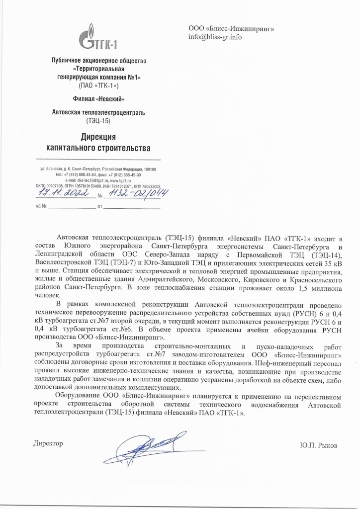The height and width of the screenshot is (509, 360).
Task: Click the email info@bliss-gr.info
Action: tap(215, 37)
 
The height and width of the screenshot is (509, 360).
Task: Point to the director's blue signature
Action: tap(144, 444)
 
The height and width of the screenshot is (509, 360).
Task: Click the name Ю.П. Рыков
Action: tap(319, 445)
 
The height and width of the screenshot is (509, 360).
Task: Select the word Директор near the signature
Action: tap(48, 443)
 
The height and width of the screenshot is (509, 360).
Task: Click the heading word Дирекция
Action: tap(98, 137)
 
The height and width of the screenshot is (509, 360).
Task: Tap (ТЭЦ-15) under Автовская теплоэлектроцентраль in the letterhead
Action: tap(98, 120)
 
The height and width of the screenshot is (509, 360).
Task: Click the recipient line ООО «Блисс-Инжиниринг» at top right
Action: tap(231, 29)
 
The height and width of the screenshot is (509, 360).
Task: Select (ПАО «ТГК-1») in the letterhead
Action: tap(98, 85)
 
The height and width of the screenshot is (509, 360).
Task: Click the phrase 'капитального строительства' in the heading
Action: tap(98, 148)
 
